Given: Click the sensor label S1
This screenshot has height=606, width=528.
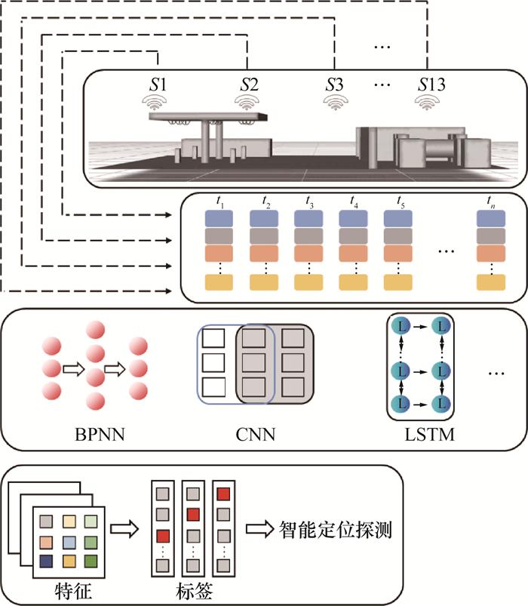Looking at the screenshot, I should (158, 85).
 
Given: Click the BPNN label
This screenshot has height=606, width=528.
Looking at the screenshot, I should (95, 433).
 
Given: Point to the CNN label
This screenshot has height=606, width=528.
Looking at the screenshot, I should (253, 433).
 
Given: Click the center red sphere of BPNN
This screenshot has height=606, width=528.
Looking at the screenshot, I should (95, 375).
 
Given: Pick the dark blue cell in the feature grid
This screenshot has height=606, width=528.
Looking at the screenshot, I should (48, 561).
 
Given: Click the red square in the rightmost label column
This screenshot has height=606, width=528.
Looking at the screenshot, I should (223, 494).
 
